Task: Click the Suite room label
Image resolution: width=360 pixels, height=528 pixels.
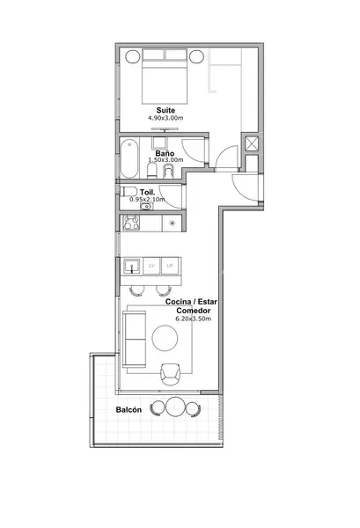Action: click(x=165, y=110)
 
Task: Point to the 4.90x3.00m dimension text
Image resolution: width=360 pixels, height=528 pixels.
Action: click(x=165, y=118)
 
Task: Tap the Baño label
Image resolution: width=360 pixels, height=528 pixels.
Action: click(x=165, y=153)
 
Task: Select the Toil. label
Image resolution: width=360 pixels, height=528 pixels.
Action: click(x=148, y=192)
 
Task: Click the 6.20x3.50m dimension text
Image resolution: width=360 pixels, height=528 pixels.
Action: click(x=194, y=319)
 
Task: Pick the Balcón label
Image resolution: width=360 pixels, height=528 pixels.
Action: click(x=129, y=410)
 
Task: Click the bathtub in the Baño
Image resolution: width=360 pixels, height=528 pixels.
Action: click(x=129, y=158)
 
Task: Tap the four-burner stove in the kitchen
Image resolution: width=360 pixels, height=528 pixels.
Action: click(x=131, y=223)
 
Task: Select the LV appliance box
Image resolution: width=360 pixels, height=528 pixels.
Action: click(x=151, y=266)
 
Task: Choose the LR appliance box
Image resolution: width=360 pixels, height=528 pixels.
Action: click(x=170, y=266)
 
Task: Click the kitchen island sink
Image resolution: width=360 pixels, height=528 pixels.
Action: click(x=132, y=266)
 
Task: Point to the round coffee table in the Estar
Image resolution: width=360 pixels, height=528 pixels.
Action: click(x=165, y=338)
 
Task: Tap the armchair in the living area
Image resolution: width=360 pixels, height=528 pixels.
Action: click(x=170, y=374)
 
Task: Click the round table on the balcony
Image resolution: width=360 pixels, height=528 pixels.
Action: click(x=175, y=407)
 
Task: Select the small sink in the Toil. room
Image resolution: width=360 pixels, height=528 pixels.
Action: click(x=146, y=207)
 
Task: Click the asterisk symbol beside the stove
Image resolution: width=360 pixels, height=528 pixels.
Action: click(x=173, y=223)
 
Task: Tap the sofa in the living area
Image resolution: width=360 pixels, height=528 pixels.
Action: click(x=134, y=339)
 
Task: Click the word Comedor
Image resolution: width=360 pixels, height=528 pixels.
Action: click(x=194, y=311)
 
